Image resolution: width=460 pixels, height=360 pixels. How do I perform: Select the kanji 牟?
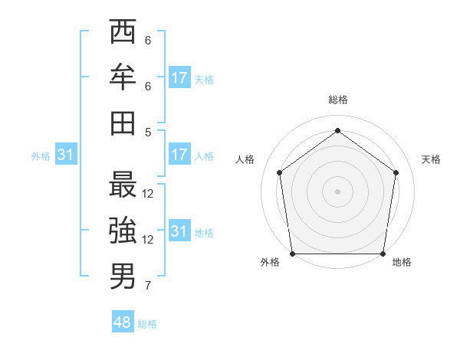[123, 77]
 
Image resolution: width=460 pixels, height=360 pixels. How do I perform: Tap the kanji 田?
[123, 123]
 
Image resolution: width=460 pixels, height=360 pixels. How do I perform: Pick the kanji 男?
[123, 276]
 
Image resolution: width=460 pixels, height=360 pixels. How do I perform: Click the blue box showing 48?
[123, 322]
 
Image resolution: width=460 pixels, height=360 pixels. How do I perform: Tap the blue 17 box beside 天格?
[179, 78]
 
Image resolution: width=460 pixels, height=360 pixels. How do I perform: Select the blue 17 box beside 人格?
[179, 155]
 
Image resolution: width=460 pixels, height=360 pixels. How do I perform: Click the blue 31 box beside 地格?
[179, 231]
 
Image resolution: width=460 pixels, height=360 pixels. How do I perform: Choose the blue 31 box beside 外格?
[66, 155]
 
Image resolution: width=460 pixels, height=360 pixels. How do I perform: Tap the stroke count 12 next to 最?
[148, 194]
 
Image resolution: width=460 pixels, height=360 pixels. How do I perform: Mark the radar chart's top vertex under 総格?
[337, 131]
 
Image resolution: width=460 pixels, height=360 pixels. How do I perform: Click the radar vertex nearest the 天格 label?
[396, 172]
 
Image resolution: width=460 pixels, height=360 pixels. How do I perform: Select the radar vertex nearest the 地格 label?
[383, 254]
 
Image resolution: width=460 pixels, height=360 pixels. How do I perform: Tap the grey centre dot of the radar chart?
[337, 191]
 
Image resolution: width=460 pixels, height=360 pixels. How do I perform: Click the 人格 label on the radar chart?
[245, 159]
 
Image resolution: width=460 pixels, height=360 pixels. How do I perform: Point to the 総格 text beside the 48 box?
[147, 324]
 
